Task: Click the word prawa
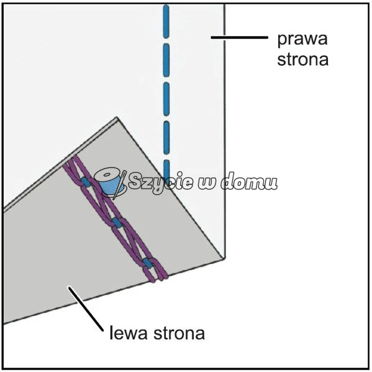pyautogui.click(x=302, y=40)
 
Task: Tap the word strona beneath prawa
pyautogui.click(x=303, y=59)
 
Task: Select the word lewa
pyautogui.click(x=128, y=333)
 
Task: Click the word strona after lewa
pyautogui.click(x=179, y=333)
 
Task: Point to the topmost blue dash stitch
pyautogui.click(x=166, y=22)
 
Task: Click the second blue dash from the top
pyautogui.click(x=166, y=60)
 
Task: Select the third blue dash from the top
pyautogui.click(x=166, y=99)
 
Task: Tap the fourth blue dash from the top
pyautogui.click(x=166, y=138)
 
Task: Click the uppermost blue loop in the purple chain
pyautogui.click(x=85, y=182)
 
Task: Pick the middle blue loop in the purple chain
pyautogui.click(x=117, y=223)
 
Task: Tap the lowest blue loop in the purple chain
pyautogui.click(x=147, y=263)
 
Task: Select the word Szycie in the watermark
pyautogui.click(x=160, y=181)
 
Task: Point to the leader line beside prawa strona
pyautogui.click(x=239, y=37)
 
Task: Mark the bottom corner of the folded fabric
pyautogui.click(x=224, y=259)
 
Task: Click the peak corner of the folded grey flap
pyautogui.click(x=117, y=117)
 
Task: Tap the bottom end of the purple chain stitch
pyautogui.click(x=160, y=280)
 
